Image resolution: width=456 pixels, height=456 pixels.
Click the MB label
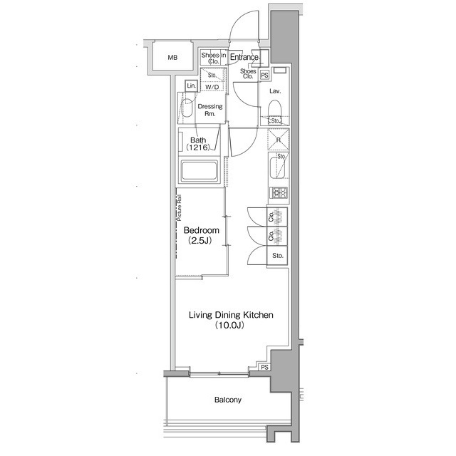tap(172, 58)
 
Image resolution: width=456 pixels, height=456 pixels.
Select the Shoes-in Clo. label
tap(213, 58)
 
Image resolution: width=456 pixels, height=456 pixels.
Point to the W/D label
tap(212, 87)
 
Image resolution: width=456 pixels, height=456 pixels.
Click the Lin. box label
tap(190, 85)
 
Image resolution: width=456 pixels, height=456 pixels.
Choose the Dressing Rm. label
tap(210, 110)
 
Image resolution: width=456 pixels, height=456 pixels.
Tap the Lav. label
tap(275, 92)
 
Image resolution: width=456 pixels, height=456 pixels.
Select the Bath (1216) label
tap(198, 144)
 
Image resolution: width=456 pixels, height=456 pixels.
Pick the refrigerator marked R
tap(277, 140)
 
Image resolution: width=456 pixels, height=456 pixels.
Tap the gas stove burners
tap(278, 193)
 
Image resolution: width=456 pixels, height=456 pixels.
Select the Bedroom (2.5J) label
tap(201, 237)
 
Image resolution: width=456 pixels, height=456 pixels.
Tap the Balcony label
tap(228, 400)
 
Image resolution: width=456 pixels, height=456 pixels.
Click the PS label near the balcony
tap(264, 368)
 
